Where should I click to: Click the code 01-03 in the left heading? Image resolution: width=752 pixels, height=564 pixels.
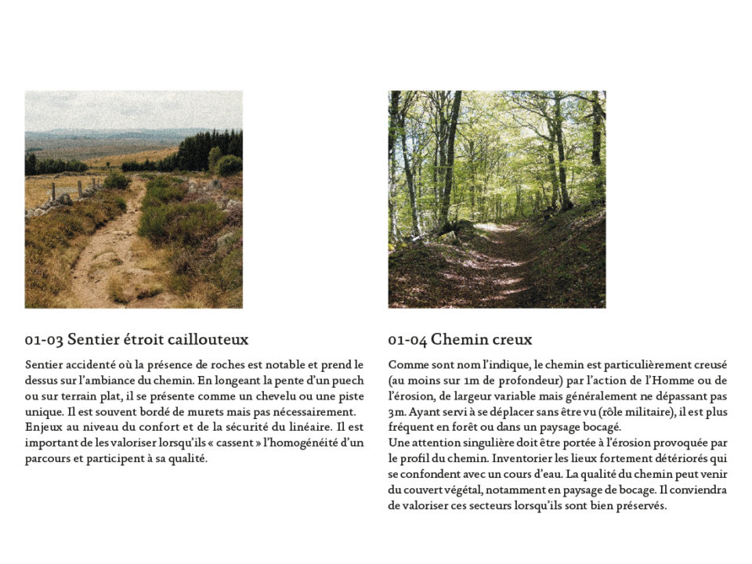coord(44,340)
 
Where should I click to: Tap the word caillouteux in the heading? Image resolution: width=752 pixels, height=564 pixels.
coord(209,340)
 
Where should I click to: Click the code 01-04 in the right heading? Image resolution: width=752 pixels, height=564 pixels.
coord(407,340)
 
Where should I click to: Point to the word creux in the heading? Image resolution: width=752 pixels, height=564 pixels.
coord(512,340)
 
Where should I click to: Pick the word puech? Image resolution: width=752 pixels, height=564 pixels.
coord(349,381)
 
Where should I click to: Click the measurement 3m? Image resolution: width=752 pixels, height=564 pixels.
coord(396,412)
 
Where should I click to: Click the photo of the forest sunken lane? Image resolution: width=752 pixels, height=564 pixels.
coord(497,199)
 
